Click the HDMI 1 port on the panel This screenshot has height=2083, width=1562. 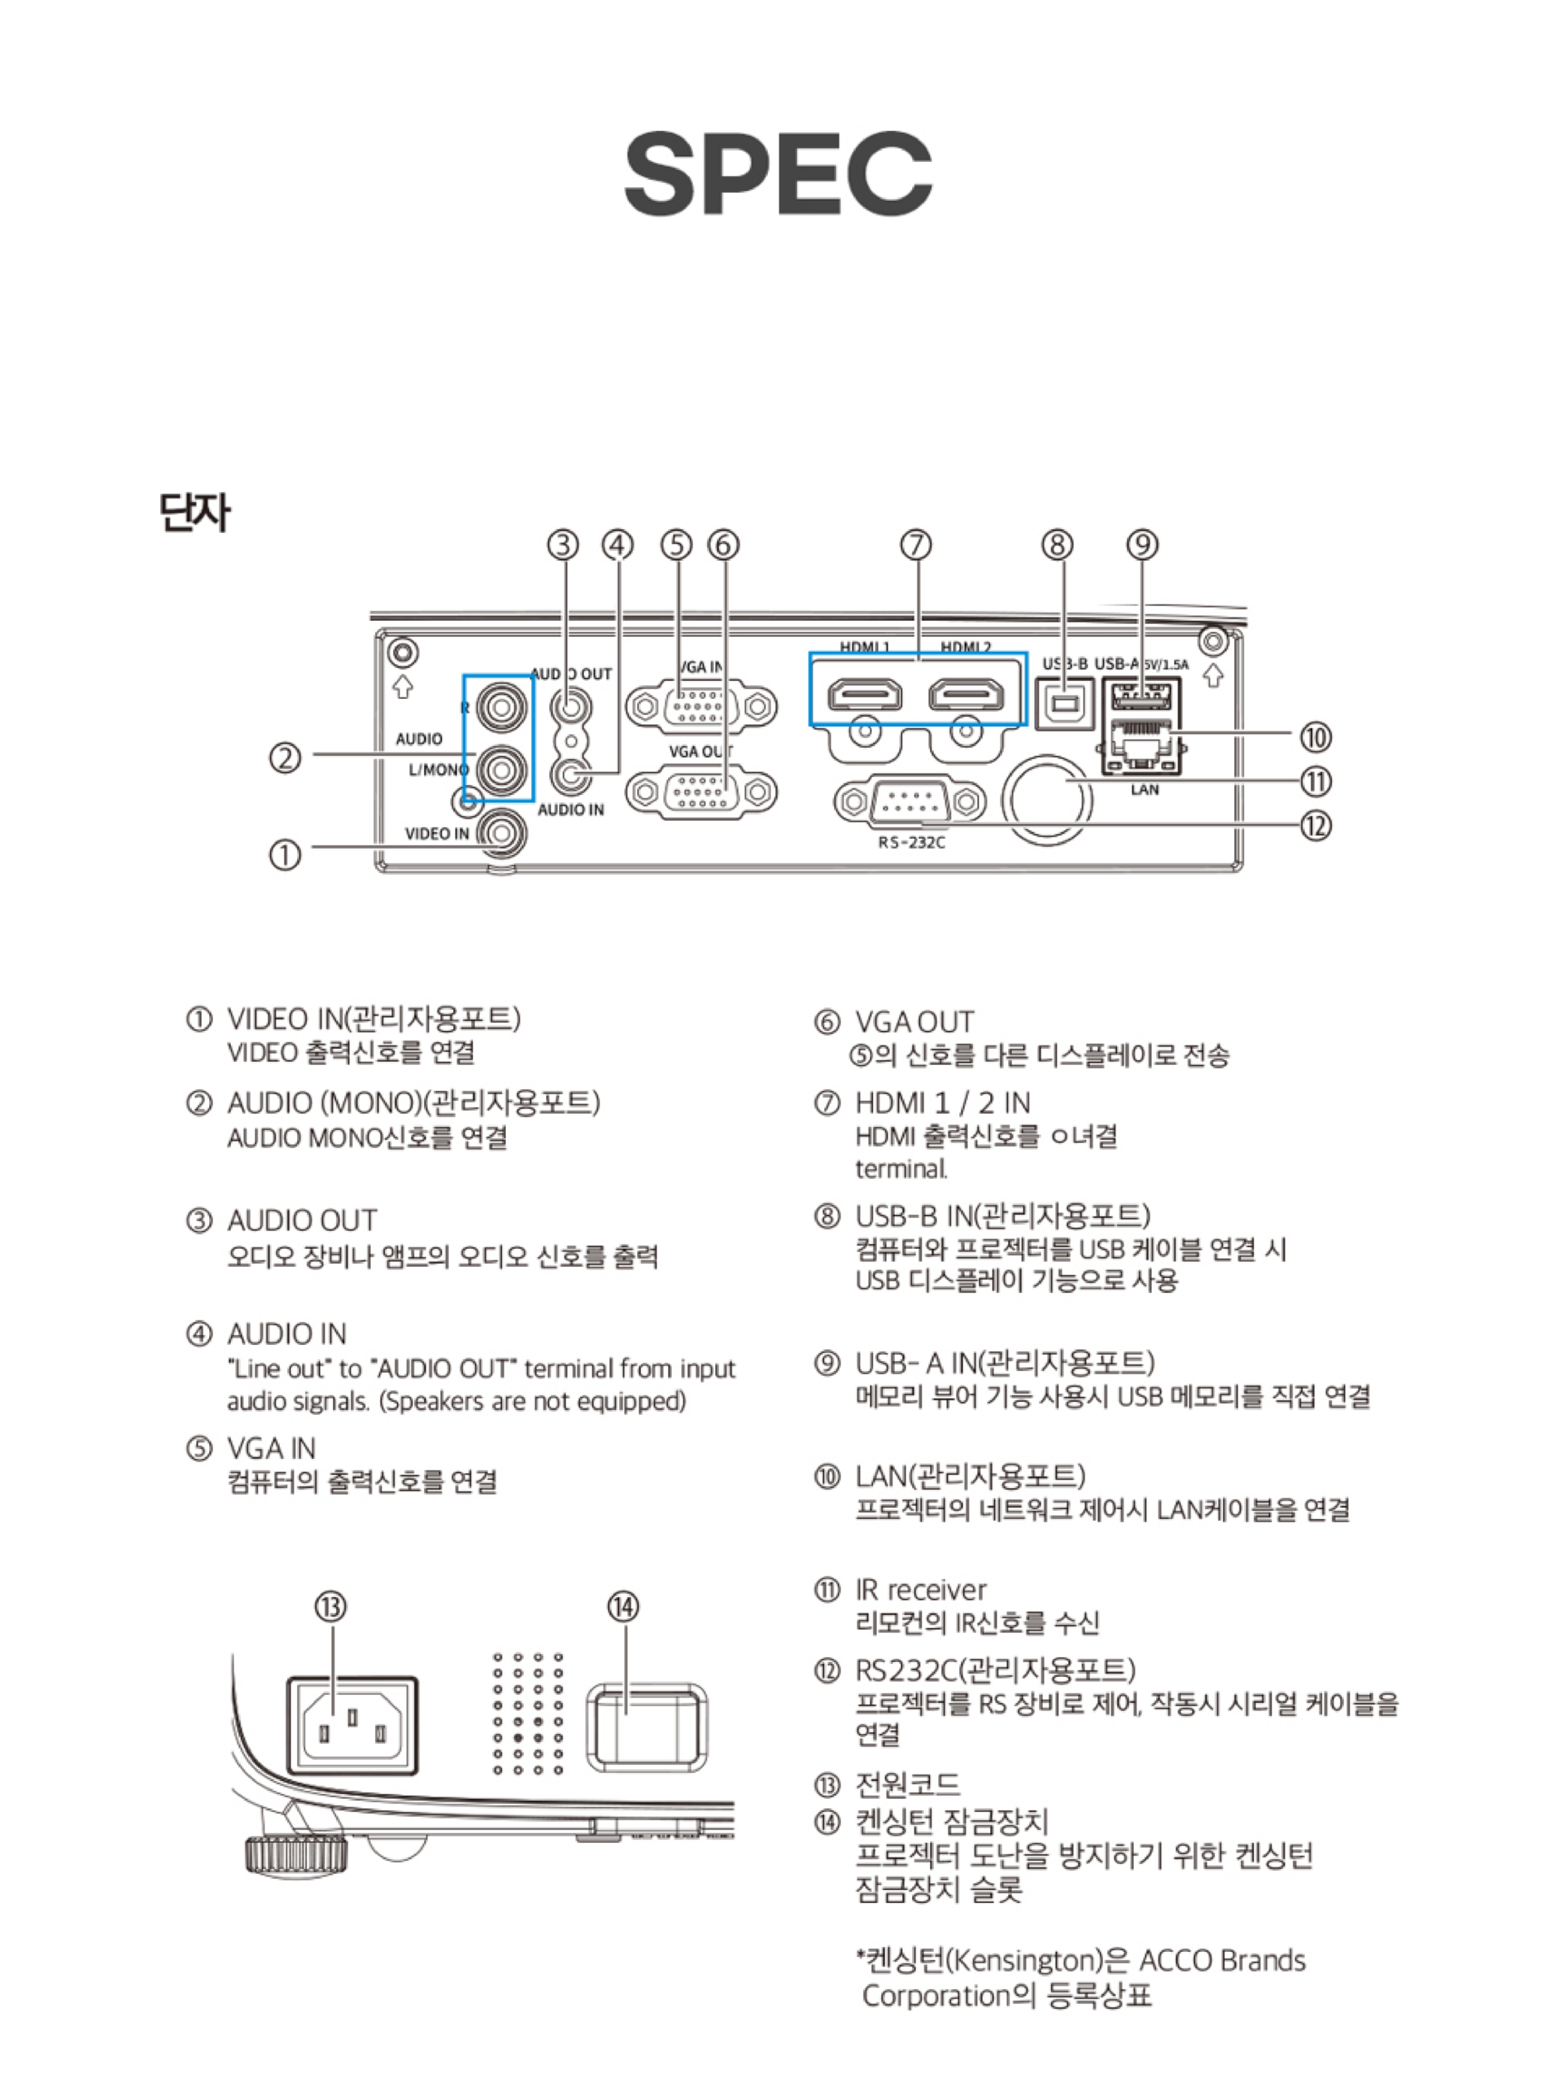864,695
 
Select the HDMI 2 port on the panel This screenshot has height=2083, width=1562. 966,695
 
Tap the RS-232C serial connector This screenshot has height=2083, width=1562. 909,802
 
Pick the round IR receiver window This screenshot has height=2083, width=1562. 1047,798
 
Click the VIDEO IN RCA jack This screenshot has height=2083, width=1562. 500,833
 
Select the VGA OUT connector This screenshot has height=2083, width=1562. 701,792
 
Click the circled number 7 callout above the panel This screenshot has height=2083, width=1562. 915,544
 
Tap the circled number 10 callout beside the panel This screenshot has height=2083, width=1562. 1315,736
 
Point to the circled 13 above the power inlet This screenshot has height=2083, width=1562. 330,1605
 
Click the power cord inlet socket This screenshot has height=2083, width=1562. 351,1726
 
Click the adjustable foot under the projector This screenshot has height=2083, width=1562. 295,1854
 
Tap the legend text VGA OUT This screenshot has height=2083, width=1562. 914,1022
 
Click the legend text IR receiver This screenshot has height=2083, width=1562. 920,1590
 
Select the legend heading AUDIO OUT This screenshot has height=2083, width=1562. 301,1221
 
